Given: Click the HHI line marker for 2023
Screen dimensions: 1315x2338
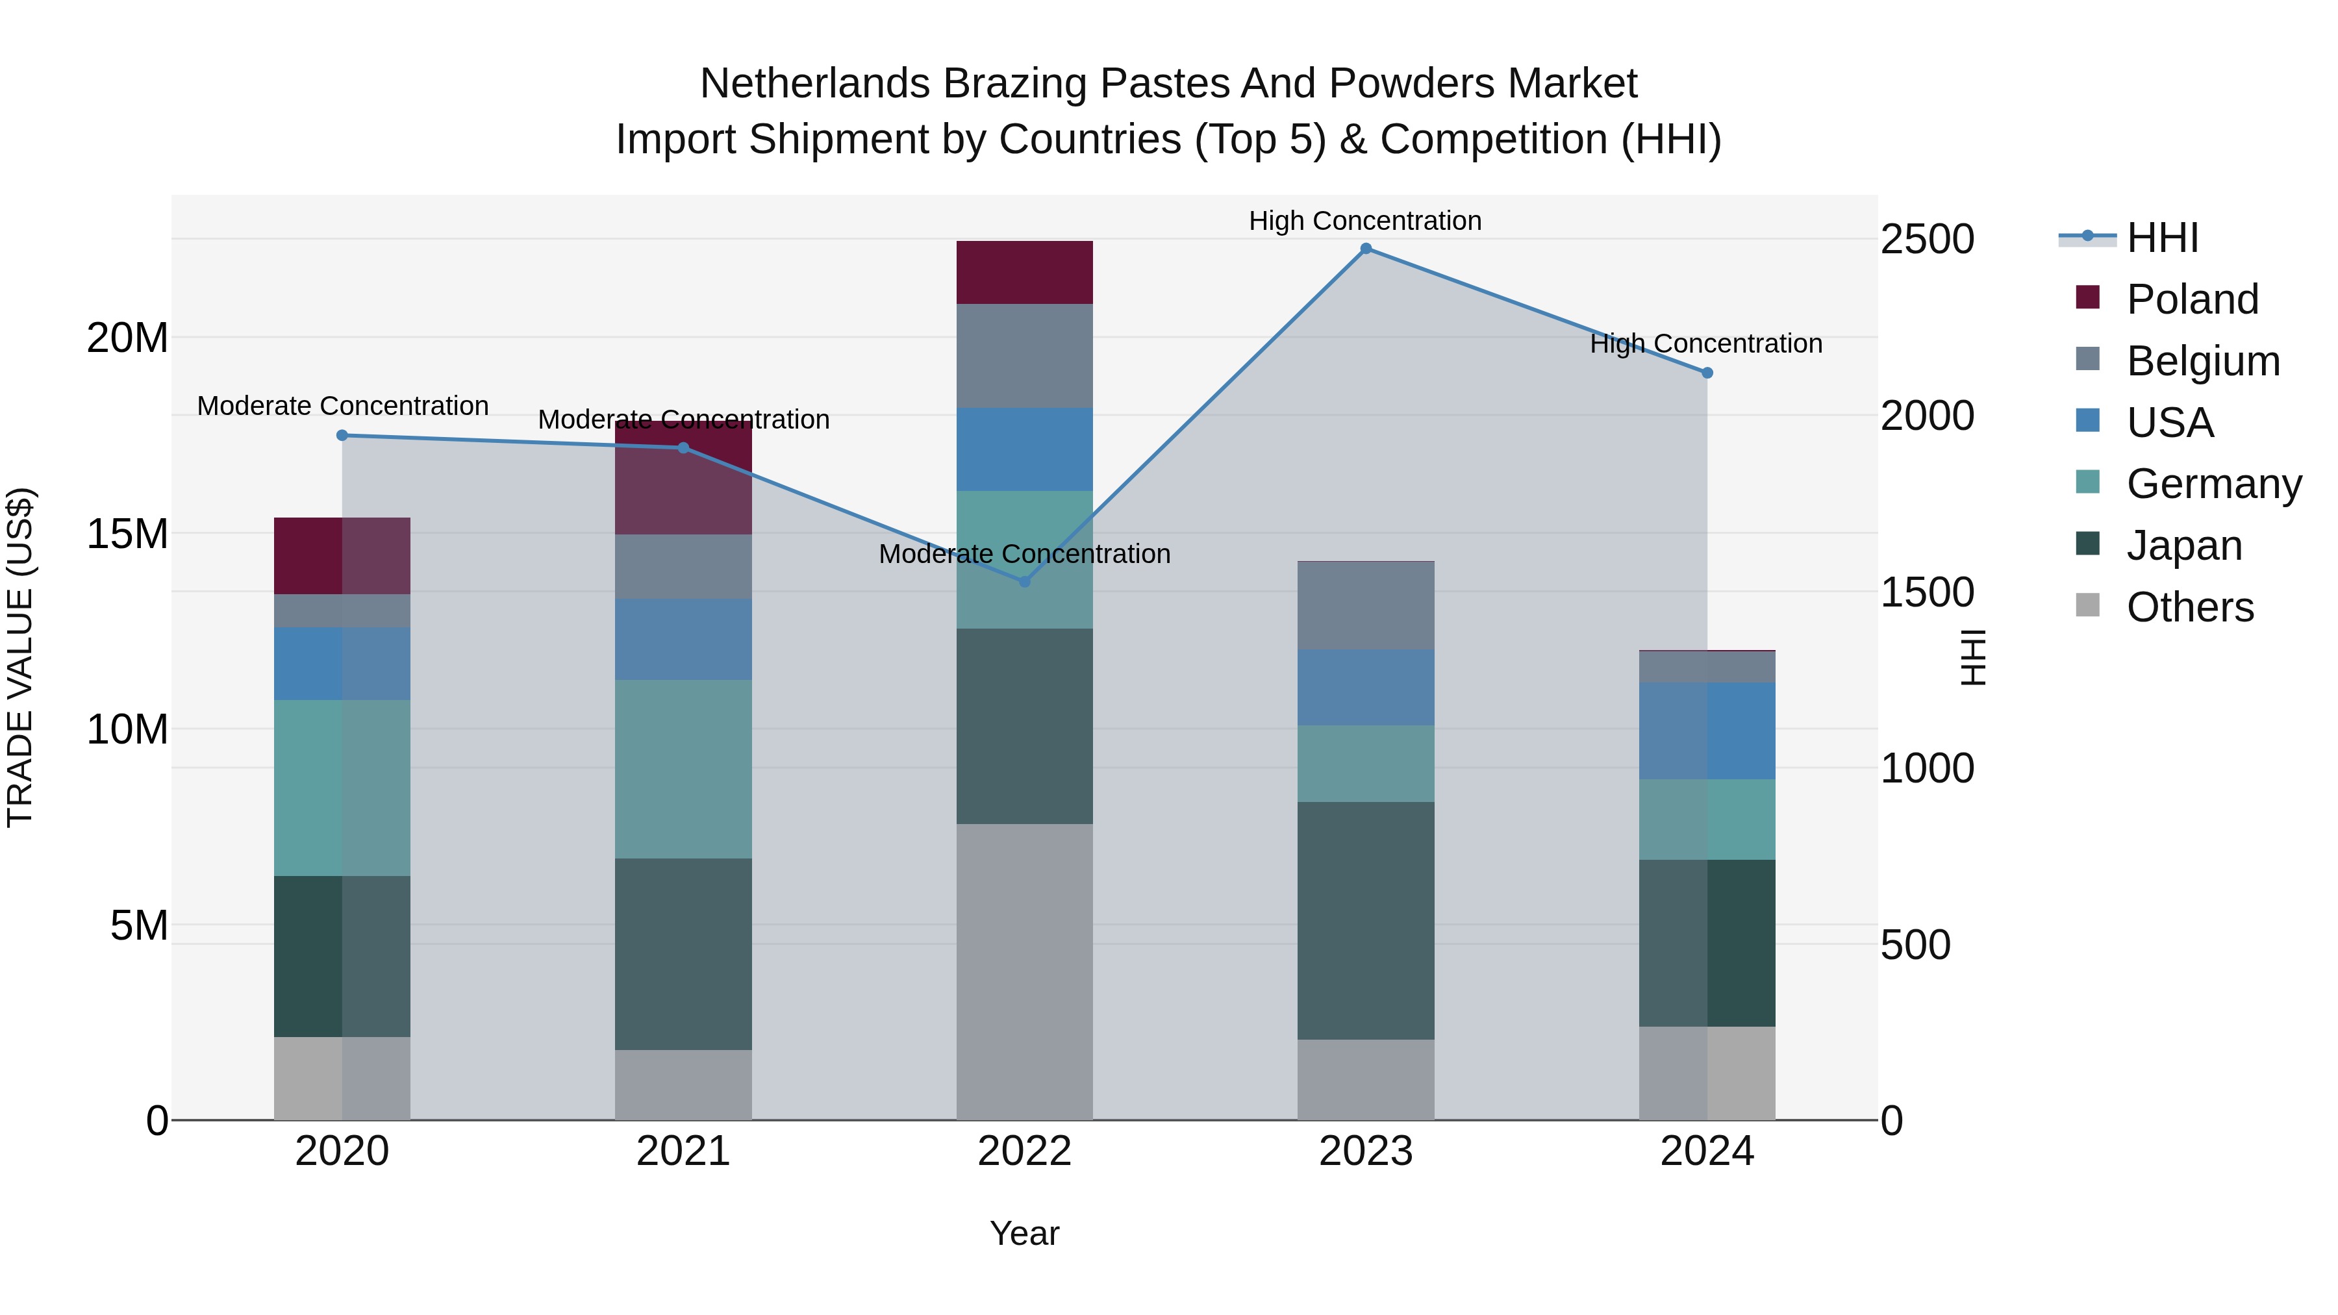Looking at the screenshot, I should [x=1365, y=249].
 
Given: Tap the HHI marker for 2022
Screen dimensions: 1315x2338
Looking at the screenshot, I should [x=1025, y=582].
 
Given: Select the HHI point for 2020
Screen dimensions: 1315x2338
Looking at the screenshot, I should [x=342, y=436].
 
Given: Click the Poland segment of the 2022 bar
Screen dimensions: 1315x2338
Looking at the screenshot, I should [x=1025, y=272].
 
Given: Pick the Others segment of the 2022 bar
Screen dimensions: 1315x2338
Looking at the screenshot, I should [x=1025, y=971].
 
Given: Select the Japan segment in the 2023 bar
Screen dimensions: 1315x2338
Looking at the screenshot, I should [x=1365, y=920].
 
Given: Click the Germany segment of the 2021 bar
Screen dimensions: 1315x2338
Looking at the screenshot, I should [x=683, y=769].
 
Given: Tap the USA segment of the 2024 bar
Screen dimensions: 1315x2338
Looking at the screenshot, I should [x=1706, y=731].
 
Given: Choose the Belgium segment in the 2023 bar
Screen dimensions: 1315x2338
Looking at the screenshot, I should [x=1365, y=605].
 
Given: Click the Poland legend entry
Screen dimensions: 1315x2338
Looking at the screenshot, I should [x=2192, y=299].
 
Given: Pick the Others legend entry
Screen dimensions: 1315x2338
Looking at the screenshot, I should [x=2189, y=607].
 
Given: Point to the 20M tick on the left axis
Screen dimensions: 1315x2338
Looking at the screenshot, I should [x=127, y=338].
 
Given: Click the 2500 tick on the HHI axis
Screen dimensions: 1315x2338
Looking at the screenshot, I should [x=1927, y=240].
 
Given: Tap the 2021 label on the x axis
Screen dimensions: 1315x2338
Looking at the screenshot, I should [x=683, y=1151].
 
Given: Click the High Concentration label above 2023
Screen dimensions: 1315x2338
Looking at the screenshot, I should [x=1365, y=221].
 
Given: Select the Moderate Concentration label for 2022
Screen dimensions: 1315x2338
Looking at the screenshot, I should [x=1025, y=553].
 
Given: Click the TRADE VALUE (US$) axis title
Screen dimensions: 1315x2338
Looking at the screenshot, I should [x=20, y=657].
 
